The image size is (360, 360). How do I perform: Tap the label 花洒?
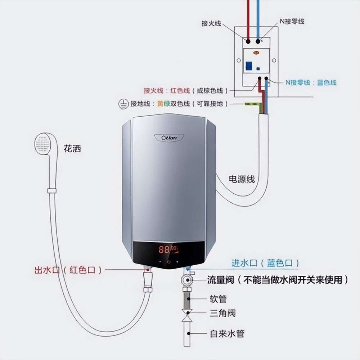point(72,148)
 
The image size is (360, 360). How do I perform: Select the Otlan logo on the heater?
point(169,138)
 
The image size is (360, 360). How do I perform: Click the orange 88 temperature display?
point(165,249)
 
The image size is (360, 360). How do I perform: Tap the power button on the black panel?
point(169,262)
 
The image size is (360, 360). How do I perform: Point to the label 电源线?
point(242,179)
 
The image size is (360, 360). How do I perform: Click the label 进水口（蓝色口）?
point(265,263)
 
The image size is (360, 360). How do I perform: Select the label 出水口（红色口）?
point(68,270)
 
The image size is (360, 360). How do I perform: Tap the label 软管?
point(218,299)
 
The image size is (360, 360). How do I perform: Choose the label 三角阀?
point(222,313)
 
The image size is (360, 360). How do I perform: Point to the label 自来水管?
point(227,333)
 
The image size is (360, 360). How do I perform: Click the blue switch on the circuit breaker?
point(249,66)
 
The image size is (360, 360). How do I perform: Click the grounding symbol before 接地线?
point(123,104)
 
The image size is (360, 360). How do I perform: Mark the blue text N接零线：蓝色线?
point(311,82)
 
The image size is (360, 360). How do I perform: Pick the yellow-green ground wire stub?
point(252,104)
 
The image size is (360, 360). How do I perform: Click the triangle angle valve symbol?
point(187,314)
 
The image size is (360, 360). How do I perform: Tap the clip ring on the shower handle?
point(52,190)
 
